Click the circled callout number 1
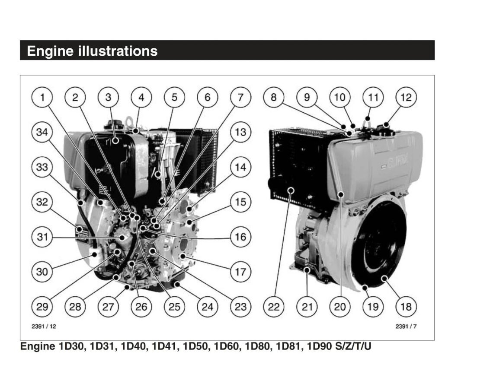point(42,98)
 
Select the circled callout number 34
point(42,132)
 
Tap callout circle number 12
point(406,98)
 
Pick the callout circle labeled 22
point(274,307)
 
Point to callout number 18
point(406,307)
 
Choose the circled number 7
point(240,98)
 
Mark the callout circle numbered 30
point(42,272)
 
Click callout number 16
point(240,237)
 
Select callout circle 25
point(174,307)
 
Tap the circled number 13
point(240,132)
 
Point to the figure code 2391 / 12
point(44,327)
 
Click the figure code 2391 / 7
point(406,327)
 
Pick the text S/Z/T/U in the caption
point(353,347)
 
